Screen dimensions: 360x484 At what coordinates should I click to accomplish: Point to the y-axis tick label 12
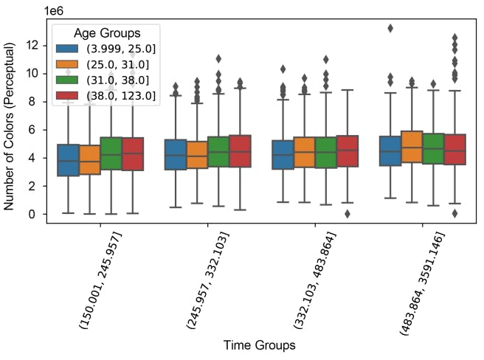pyautogui.click(x=32, y=45)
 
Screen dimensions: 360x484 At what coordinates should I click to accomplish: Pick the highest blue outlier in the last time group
pyautogui.click(x=390, y=28)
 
